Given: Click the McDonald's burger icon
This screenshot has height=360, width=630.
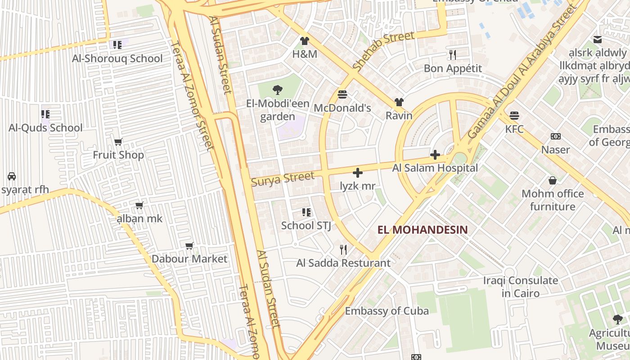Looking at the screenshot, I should [342, 94].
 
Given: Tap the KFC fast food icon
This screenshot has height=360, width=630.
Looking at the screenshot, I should [514, 116].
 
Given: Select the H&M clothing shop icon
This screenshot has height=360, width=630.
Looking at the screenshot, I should [305, 41].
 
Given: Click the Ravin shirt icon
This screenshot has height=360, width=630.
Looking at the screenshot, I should [399, 102].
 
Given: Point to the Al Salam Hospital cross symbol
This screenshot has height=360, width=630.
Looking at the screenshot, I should [435, 155].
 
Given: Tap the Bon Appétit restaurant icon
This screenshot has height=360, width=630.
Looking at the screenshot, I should [453, 55].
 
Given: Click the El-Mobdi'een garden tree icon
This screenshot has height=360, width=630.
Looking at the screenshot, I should [278, 90].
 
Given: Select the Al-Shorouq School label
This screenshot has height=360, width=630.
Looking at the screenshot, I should [117, 58].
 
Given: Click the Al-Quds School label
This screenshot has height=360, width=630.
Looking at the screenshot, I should [45, 128].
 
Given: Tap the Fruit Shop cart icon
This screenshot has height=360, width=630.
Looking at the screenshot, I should [118, 142].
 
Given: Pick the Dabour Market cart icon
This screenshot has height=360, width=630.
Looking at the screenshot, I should [189, 246].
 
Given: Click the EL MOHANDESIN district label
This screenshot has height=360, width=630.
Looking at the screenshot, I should [423, 230].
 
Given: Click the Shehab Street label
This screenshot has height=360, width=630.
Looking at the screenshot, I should [383, 51].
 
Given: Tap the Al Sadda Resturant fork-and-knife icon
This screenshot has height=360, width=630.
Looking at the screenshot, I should [343, 249].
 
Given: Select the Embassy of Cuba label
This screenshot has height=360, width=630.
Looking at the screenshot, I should [387, 311].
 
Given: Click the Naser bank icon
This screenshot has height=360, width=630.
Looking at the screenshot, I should [556, 136].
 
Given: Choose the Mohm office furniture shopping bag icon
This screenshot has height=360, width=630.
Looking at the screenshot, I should [553, 181].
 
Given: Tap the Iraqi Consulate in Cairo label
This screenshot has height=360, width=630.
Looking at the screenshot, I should [520, 287].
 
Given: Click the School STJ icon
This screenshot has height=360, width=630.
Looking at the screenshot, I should [306, 212].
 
